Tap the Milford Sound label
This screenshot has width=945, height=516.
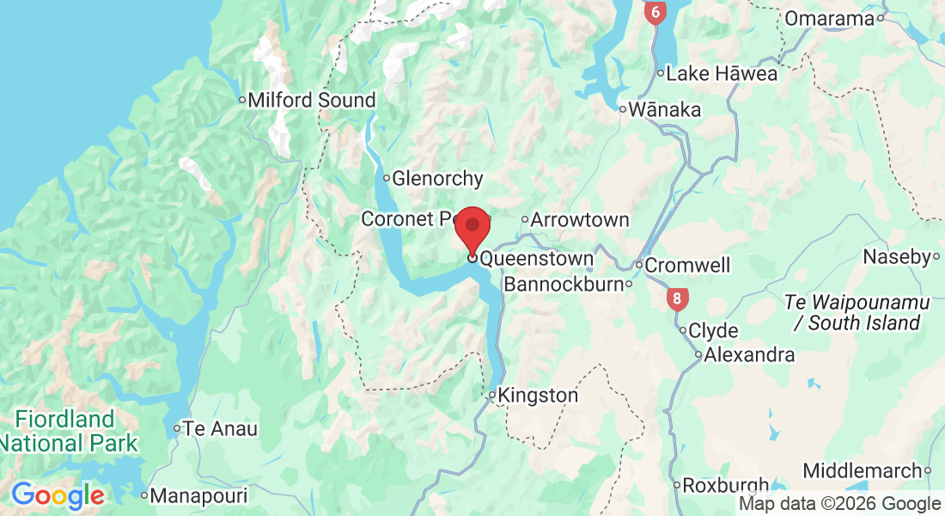pos(311,101)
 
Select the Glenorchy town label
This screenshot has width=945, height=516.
pos(437,179)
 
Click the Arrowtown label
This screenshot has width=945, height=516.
pos(579,220)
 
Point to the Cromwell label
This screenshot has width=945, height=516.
pos(686,265)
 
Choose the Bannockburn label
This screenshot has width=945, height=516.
pos(563,284)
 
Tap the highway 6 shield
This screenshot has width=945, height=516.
pos(655,12)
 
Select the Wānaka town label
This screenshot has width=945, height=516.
pos(664,110)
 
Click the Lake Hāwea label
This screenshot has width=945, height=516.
pos(722,74)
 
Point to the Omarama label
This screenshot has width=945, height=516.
pos(829,18)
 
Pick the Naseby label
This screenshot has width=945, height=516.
pos(896,257)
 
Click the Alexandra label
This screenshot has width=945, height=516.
pos(748,354)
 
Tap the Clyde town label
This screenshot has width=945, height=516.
pos(713,331)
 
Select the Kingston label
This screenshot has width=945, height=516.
pos(538,396)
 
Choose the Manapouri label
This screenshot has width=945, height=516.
pos(198,496)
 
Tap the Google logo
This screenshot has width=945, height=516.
pos(58,495)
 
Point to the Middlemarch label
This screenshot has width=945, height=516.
pos(863,470)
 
